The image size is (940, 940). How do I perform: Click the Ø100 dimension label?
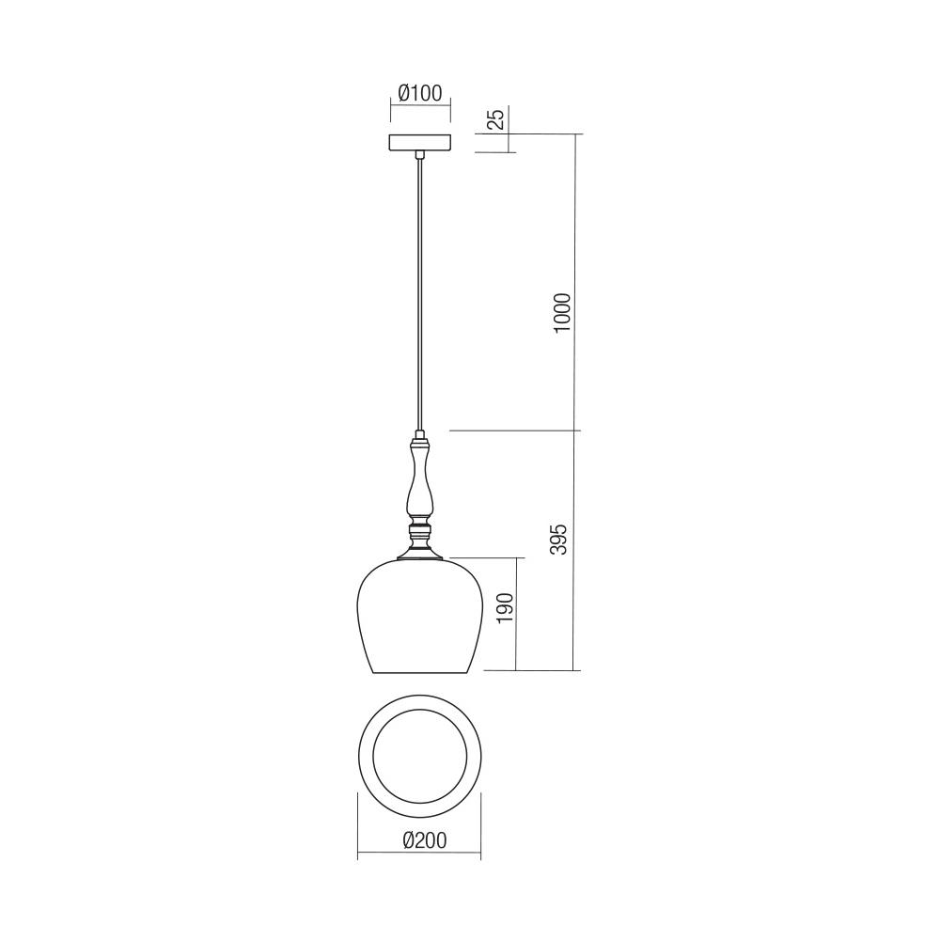click(x=419, y=93)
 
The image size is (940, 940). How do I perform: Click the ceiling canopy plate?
click(x=420, y=142)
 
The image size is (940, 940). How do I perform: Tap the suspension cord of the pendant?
click(x=420, y=291)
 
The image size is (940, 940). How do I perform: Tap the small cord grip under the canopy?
click(x=420, y=155)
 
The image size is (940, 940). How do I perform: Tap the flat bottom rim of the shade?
click(x=419, y=673)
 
